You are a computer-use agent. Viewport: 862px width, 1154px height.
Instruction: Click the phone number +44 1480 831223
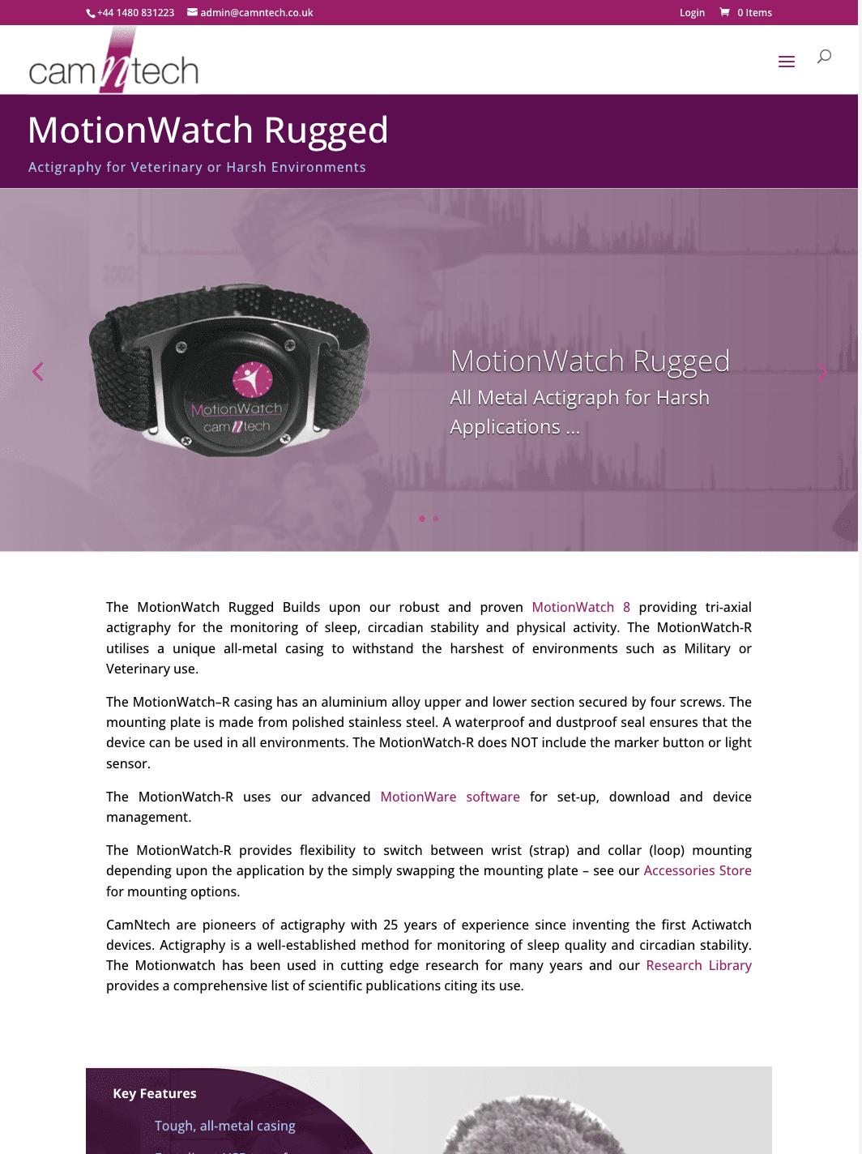click(x=135, y=13)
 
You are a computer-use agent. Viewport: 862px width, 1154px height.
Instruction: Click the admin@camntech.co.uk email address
click(x=256, y=13)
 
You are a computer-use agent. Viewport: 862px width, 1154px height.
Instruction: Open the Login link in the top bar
click(x=692, y=13)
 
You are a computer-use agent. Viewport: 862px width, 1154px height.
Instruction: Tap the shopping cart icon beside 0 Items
click(x=724, y=12)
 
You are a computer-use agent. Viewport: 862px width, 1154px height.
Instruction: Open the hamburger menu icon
click(x=786, y=62)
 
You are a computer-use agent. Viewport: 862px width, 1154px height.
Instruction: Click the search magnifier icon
click(x=824, y=56)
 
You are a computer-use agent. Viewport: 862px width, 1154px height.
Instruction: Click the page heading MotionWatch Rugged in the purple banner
click(x=208, y=130)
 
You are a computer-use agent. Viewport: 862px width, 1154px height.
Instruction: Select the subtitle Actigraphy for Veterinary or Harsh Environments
click(x=197, y=167)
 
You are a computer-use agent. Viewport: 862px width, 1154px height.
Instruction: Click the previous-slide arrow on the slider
click(x=37, y=371)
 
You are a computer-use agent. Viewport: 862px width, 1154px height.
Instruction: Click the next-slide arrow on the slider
click(x=822, y=371)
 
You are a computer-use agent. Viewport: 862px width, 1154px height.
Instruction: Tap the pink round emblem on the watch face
click(x=252, y=378)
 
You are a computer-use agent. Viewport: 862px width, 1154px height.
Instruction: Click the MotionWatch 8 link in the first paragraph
click(x=581, y=607)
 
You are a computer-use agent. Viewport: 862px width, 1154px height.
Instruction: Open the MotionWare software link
click(x=450, y=797)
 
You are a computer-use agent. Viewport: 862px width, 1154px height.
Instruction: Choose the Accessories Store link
click(x=698, y=870)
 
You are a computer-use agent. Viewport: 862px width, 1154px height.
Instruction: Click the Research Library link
click(x=698, y=965)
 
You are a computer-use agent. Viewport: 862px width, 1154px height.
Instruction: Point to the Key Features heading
click(x=155, y=1093)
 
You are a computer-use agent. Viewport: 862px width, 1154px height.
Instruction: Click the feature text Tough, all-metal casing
click(x=225, y=1126)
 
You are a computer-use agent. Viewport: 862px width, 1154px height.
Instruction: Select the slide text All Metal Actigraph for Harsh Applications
click(x=579, y=412)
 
